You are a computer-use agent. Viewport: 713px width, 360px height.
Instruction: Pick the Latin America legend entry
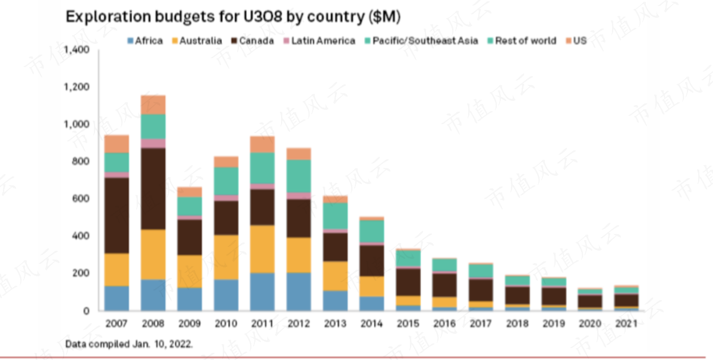(x=318, y=41)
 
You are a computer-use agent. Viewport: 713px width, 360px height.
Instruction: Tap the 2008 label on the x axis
(x=153, y=324)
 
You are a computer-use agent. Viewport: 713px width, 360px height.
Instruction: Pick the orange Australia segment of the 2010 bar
(x=226, y=257)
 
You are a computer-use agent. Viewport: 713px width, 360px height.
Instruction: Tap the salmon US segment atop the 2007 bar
(x=116, y=144)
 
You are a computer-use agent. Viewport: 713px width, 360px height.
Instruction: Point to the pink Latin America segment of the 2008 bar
(x=153, y=143)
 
